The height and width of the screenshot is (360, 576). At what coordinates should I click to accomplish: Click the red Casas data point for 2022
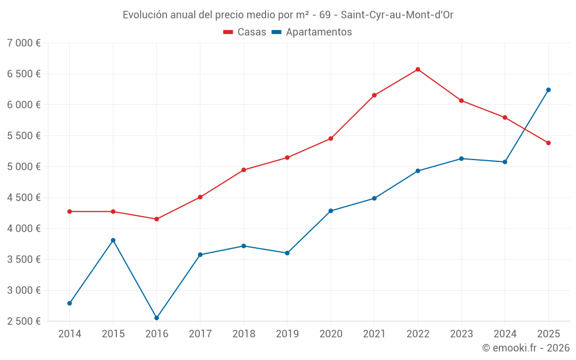(418, 70)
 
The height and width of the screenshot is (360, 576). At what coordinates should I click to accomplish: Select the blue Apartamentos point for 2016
(157, 318)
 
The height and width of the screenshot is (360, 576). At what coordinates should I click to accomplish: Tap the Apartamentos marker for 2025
(548, 90)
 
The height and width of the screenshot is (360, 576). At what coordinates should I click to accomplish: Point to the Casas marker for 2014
(70, 211)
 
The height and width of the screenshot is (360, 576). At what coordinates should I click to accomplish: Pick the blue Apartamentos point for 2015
(113, 240)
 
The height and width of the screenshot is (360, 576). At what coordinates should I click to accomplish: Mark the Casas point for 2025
(548, 143)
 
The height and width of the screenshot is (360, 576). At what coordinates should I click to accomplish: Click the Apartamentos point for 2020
(331, 211)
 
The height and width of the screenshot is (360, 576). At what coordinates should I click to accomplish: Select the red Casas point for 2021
(374, 95)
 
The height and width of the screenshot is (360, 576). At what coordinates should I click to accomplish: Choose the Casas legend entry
(245, 32)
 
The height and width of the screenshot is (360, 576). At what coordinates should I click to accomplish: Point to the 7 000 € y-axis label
(24, 43)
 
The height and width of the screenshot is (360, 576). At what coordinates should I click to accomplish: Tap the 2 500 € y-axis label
(24, 321)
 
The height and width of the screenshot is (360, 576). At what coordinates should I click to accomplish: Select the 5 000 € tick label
(24, 167)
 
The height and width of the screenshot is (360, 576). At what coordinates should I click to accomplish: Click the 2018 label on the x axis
(244, 334)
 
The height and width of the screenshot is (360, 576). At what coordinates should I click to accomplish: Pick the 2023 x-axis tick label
(461, 334)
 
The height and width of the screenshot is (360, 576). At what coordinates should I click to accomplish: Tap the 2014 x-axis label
(70, 334)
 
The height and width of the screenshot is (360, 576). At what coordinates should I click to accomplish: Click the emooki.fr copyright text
(525, 348)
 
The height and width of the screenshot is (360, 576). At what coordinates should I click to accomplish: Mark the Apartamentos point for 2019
(287, 253)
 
